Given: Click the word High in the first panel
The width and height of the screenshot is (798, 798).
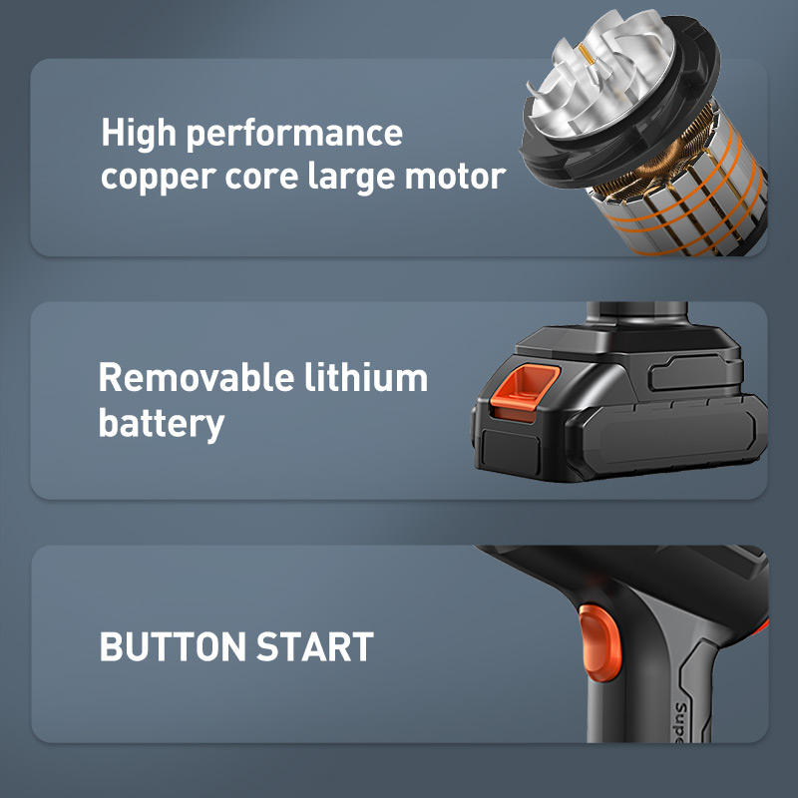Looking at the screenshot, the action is click(x=139, y=134).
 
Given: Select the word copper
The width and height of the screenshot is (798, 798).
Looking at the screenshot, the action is click(x=159, y=179).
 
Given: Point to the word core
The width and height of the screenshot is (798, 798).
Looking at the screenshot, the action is click(x=261, y=178).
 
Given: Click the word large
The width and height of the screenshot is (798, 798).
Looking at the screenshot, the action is click(x=351, y=178).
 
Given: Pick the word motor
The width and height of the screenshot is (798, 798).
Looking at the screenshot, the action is click(x=456, y=178).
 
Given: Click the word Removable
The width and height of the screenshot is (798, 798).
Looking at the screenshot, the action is click(x=197, y=377).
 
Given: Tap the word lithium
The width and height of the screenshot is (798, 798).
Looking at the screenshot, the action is click(x=366, y=377).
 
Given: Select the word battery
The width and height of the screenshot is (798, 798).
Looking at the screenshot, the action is click(x=162, y=423).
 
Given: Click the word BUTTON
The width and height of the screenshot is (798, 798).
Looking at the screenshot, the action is click(x=173, y=646).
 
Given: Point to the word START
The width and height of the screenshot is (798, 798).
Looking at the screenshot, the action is click(x=315, y=646).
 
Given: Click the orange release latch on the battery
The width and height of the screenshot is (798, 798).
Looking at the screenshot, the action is click(x=525, y=393).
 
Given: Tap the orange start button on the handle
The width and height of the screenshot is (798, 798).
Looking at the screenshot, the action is click(x=599, y=642).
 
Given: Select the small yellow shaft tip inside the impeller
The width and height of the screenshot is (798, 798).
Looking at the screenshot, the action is click(x=586, y=54).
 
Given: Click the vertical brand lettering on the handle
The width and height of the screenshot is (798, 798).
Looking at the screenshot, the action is click(x=681, y=722).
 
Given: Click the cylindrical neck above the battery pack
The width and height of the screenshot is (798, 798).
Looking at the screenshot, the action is click(x=636, y=314).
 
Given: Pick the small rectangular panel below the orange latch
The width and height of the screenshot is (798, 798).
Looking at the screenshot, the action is click(x=511, y=451).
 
